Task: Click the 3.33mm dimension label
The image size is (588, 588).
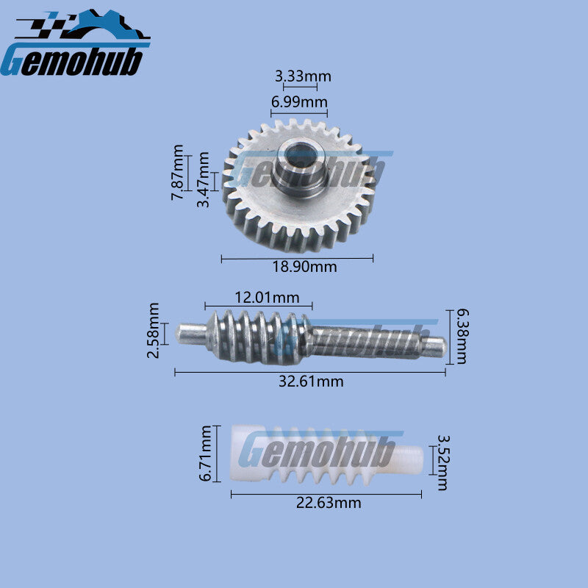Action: coord(303,76)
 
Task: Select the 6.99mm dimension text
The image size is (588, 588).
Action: coord(299,102)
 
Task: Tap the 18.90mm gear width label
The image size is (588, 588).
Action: coord(304,267)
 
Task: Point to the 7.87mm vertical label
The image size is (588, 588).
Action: coord(178,173)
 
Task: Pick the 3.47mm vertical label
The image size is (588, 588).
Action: coord(204,179)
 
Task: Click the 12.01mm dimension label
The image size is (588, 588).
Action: coord(267,298)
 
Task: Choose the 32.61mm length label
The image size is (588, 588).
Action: coord(311,381)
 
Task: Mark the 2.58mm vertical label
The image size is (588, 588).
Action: coord(153,331)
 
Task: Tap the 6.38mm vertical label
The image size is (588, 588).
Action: coord(462,337)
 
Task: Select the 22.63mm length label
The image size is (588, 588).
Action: coord(329,503)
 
